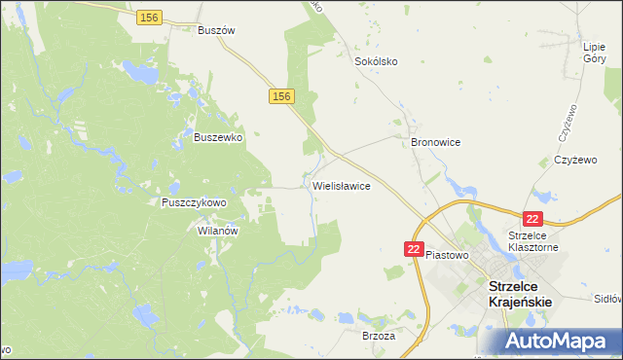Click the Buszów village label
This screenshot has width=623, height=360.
217,30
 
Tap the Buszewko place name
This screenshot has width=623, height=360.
218,138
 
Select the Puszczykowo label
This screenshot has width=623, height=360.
194,202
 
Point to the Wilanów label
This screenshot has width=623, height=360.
219,232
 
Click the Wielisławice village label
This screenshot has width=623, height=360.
341,185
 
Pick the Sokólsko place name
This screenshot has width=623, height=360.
375,61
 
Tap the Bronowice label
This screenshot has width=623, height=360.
435,142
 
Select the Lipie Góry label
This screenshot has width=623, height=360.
594,53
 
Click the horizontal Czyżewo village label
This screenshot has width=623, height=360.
574,159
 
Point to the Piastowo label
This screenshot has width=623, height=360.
448,255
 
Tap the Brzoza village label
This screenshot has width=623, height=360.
379,336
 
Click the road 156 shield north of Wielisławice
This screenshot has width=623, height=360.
280,95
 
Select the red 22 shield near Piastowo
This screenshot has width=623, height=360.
414,250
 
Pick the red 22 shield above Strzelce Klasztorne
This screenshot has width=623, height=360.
532,220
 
